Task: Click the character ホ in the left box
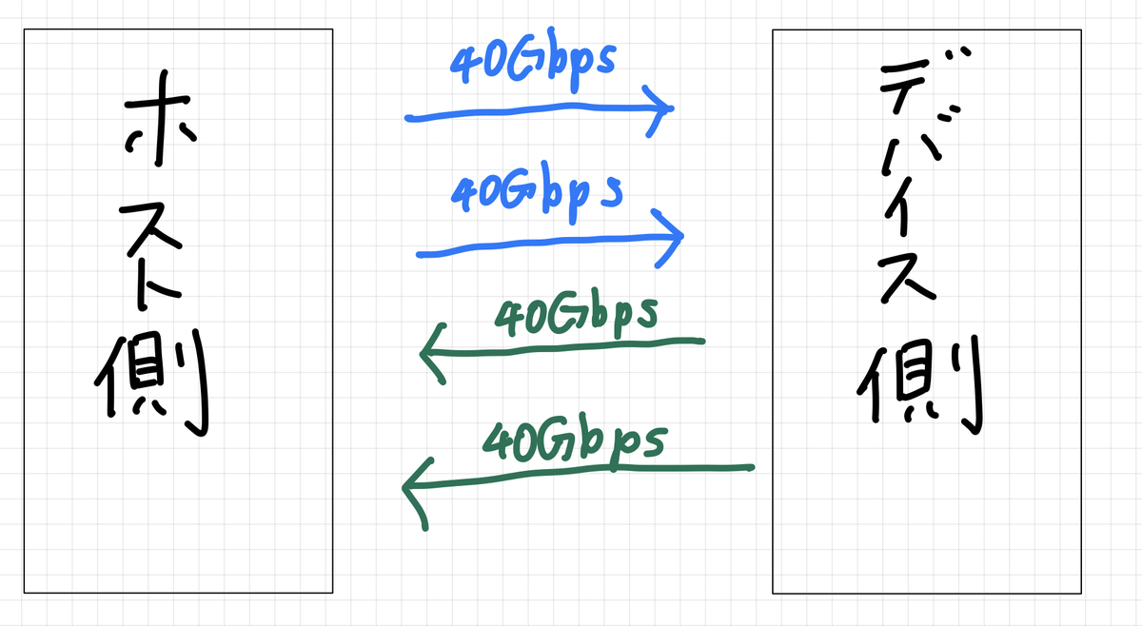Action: [158, 133]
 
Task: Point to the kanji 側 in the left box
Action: [152, 381]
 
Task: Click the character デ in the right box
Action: [919, 90]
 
